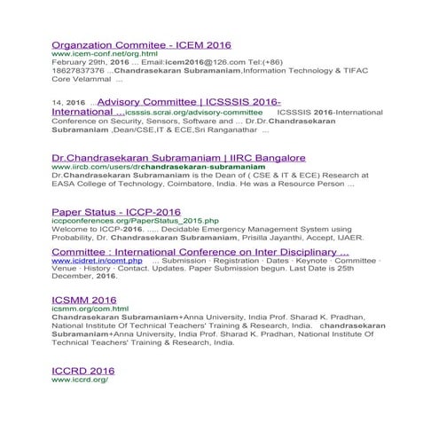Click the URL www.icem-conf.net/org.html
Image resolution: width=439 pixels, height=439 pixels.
coord(98,54)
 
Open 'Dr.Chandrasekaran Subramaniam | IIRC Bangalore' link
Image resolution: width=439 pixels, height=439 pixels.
coord(178,158)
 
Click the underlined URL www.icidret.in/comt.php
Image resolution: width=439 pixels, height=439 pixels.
coord(97,261)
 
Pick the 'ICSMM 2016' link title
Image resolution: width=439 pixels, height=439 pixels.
coord(84,300)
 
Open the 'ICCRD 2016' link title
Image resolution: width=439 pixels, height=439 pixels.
coord(83,371)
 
